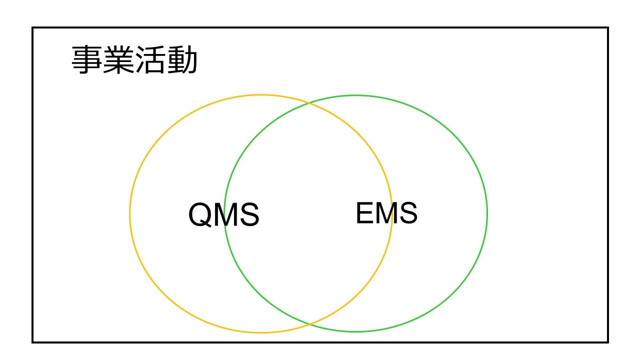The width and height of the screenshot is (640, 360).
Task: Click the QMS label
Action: point(223,214)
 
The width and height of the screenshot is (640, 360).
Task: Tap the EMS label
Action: point(386,213)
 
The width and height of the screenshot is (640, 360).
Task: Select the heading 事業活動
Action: point(134,59)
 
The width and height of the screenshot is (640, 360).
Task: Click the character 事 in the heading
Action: point(87,59)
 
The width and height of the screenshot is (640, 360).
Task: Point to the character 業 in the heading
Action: point(118,59)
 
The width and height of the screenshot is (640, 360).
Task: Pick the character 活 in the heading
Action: point(150,59)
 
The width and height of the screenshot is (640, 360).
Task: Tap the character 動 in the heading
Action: point(181,59)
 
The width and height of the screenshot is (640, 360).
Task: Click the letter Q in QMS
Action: point(199,214)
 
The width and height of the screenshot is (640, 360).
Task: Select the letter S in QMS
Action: point(249,214)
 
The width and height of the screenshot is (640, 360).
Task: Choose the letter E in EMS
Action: point(365,213)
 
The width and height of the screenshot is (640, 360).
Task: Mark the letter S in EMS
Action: point(408,213)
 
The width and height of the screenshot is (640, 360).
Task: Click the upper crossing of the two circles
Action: point(309,102)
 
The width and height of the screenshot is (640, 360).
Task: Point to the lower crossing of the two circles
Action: point(309,324)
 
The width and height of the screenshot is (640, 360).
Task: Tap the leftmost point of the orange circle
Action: point(130,213)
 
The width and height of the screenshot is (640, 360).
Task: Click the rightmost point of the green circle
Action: point(487,213)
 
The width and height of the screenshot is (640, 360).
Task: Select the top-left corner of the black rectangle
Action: point(32,27)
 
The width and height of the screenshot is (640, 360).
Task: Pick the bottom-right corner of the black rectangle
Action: point(608,342)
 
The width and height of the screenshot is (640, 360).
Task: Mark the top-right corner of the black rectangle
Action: point(608,27)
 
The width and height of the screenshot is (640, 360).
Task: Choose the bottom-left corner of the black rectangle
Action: point(32,342)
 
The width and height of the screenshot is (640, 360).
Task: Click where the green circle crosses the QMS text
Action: point(225,214)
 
